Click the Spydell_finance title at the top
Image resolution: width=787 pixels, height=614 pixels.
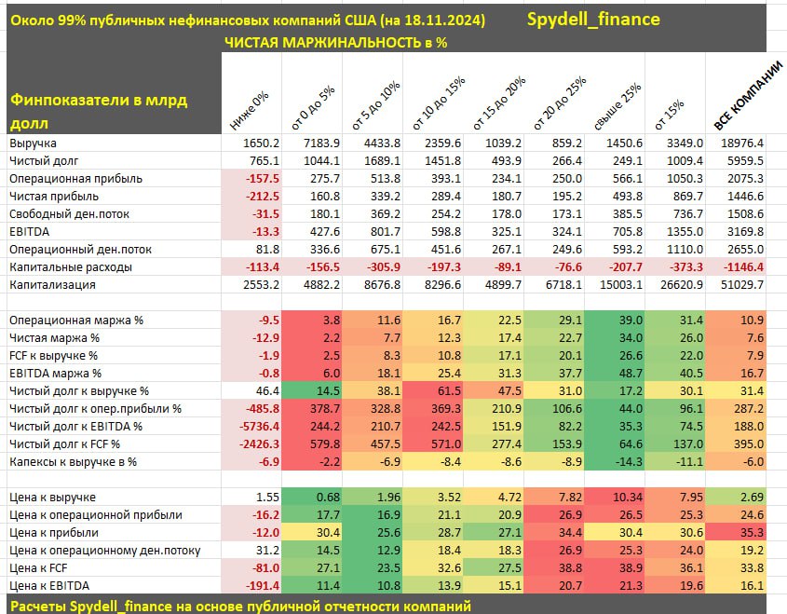point(593,19)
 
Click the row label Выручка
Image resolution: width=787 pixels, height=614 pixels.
point(34,143)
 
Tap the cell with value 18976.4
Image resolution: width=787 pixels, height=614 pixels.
point(742,143)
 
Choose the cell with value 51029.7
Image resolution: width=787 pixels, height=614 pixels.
point(742,284)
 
